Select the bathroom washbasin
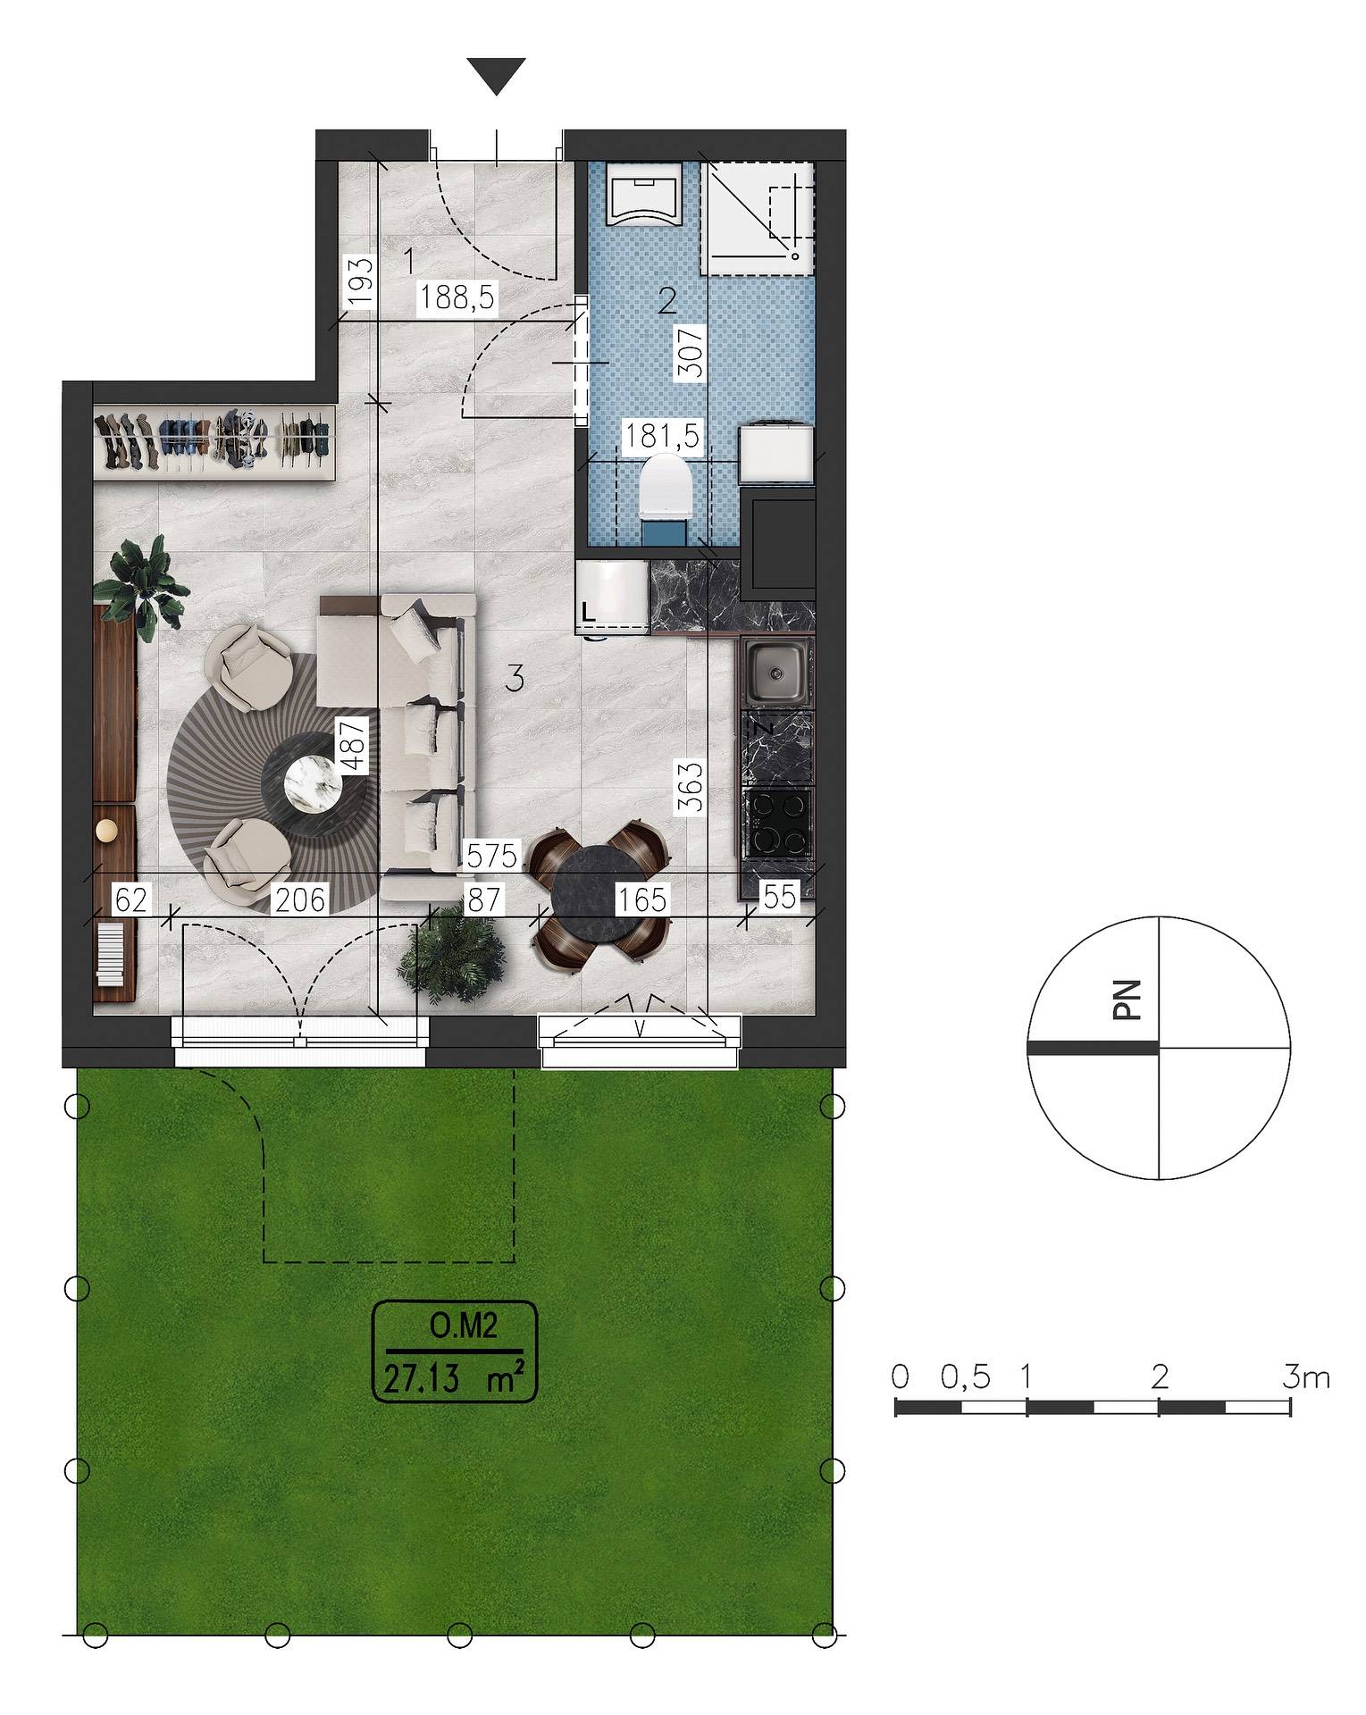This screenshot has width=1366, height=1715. [643, 193]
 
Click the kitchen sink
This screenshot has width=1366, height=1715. [776, 672]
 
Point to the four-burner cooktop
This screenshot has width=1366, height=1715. [779, 824]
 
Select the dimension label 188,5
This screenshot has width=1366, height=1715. [457, 297]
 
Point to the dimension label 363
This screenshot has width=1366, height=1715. [690, 785]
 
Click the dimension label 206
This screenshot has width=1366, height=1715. [299, 899]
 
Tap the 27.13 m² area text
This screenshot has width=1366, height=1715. [453, 1379]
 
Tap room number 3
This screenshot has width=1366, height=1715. [513, 680]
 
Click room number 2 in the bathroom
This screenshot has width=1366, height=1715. [665, 302]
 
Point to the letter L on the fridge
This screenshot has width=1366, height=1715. [587, 613]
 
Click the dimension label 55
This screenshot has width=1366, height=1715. [779, 897]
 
